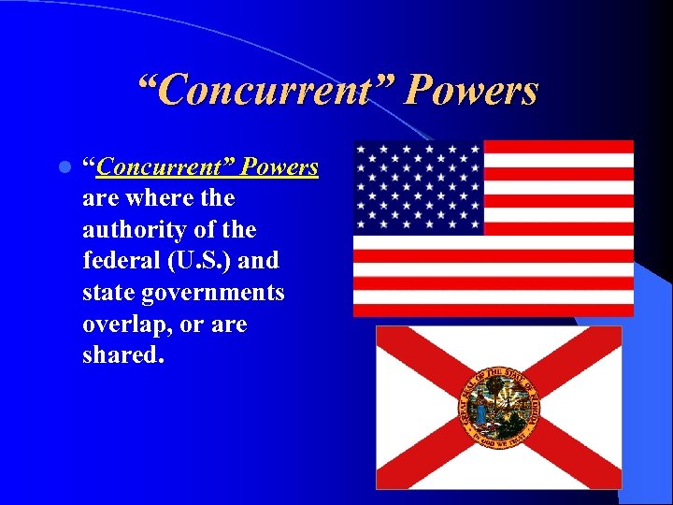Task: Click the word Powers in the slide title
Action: (473, 91)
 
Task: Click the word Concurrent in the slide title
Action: (266, 91)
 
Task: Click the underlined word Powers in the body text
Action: (279, 167)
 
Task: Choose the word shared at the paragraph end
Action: (118, 355)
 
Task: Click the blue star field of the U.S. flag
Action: (418, 187)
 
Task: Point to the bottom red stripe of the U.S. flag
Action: (493, 310)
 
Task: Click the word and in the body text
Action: (260, 261)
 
